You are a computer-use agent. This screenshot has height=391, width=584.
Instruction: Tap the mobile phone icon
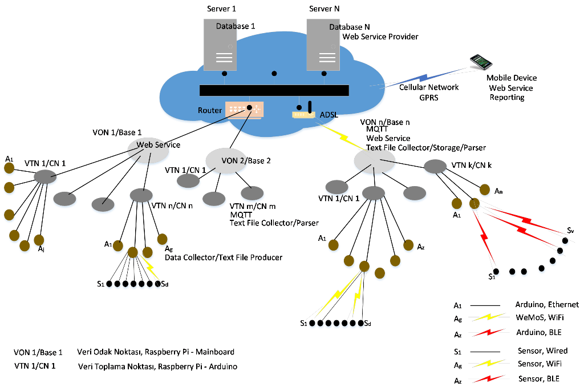(481, 62)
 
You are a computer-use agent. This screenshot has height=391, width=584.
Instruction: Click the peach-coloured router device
(245, 110)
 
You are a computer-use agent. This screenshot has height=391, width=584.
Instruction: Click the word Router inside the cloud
(210, 110)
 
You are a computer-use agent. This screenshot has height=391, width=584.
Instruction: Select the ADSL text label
(328, 115)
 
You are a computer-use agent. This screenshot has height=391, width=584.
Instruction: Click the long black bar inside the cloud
(274, 90)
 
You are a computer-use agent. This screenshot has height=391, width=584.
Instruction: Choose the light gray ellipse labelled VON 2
(228, 161)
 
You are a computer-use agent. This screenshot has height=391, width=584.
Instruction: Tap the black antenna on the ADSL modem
(310, 106)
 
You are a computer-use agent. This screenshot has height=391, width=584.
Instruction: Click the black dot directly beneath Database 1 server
(225, 74)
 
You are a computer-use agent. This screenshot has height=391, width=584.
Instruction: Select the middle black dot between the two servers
(274, 74)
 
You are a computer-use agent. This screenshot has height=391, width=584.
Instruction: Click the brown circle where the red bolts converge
(474, 204)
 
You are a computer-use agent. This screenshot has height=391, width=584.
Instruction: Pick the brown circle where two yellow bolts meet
(364, 266)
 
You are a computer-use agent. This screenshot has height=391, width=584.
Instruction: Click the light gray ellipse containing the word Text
(375, 160)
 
